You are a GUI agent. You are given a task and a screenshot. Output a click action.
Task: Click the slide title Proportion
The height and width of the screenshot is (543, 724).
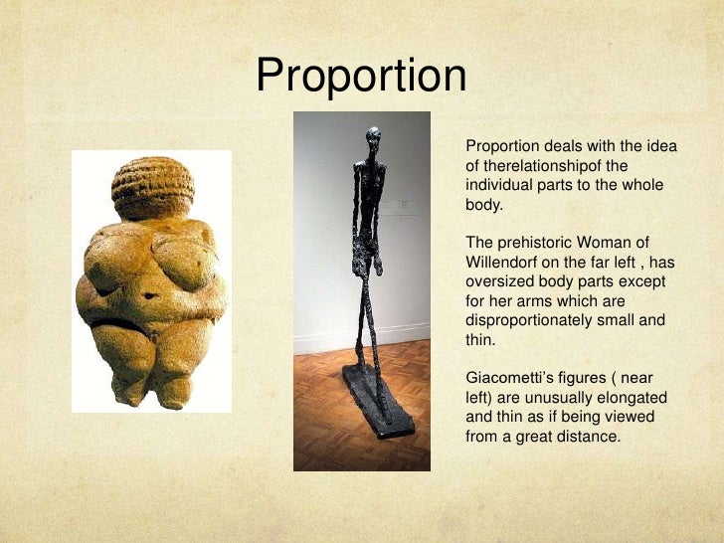pyautogui.click(x=361, y=76)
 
